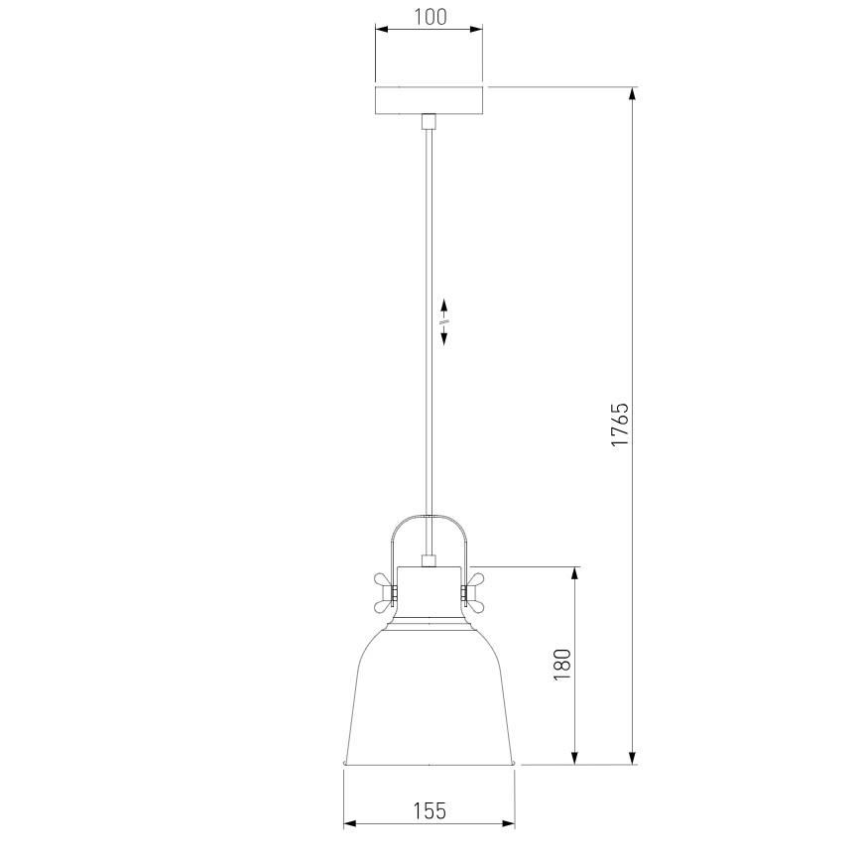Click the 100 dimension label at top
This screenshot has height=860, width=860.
point(430,17)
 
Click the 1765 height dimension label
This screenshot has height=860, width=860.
point(620,425)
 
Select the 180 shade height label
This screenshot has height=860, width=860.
point(562,665)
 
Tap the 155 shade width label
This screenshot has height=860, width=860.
point(430,810)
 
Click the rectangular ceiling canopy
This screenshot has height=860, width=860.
point(429,101)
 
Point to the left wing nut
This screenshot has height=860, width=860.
point(385,593)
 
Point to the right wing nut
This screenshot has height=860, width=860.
point(473,593)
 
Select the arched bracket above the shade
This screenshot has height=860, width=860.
point(429,516)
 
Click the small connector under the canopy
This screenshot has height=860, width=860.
point(429,121)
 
